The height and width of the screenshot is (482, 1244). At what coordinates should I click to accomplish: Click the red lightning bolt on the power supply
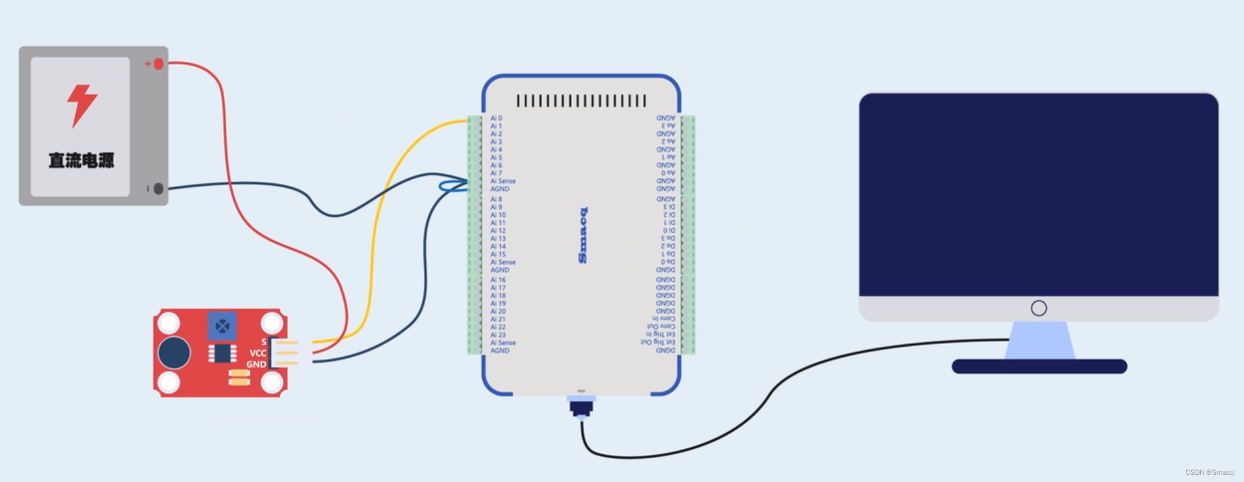82,105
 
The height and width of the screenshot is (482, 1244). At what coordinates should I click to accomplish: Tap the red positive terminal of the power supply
158,64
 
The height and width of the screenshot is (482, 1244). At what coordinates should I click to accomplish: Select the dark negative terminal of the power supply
158,189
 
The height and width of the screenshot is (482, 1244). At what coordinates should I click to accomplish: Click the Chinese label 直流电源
81,160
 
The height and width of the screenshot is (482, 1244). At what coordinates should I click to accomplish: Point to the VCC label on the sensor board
257,353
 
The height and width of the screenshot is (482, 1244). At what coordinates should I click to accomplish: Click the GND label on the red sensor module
256,364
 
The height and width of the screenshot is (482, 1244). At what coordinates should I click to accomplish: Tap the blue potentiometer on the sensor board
222,326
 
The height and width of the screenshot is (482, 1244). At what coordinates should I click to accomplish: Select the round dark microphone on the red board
174,353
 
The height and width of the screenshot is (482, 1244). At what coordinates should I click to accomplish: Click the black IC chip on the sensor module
222,353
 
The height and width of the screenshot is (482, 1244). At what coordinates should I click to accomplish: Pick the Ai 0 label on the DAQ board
496,118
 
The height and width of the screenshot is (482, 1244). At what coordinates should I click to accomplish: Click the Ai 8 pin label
496,199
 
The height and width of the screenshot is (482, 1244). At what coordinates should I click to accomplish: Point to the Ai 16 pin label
498,280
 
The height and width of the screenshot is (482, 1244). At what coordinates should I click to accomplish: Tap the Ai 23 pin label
498,335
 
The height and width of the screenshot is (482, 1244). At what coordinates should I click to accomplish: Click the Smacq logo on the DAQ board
583,235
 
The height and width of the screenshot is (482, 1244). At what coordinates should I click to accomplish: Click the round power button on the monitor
1039,308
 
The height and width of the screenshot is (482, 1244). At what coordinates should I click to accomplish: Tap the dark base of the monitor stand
1039,366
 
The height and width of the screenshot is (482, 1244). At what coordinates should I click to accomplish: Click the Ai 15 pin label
498,254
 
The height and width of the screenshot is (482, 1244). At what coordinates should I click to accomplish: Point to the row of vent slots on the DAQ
581,101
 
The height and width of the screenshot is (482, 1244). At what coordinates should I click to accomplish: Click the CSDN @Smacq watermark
1209,473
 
